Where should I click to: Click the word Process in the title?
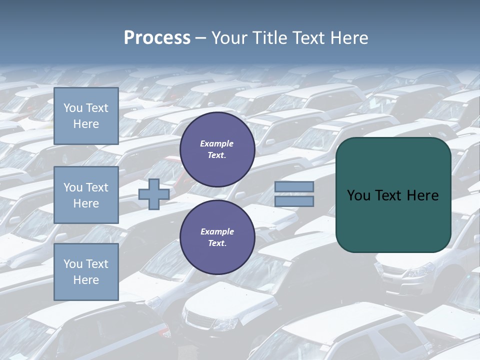[157, 38]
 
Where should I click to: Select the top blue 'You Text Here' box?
[86, 116]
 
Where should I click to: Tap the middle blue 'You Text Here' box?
[86, 195]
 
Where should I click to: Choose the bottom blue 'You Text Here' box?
[86, 272]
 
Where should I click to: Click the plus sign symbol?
[153, 194]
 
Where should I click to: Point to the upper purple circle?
[217, 149]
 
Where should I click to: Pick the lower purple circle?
[217, 237]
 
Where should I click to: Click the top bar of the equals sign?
[294, 186]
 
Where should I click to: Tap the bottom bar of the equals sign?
[294, 201]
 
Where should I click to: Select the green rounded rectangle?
[393, 195]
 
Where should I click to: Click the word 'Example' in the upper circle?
[217, 143]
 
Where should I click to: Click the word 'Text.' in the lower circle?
[217, 243]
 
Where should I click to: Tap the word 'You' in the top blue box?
[73, 108]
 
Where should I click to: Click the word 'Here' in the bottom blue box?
[86, 280]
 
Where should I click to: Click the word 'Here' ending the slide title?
[350, 38]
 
